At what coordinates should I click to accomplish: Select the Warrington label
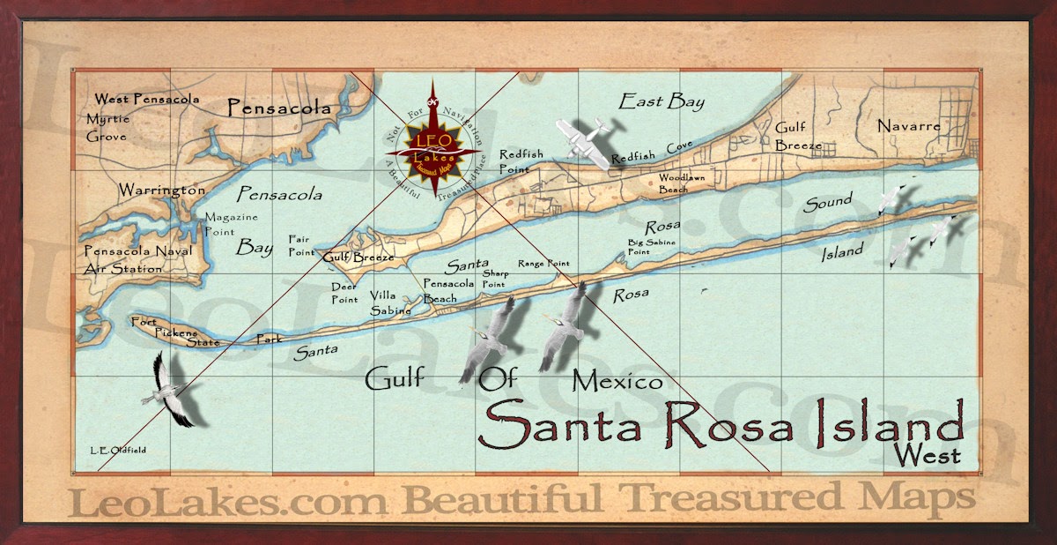(x=162, y=190)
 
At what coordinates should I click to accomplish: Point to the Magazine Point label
(x=232, y=225)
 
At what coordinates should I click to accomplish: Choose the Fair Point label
(x=302, y=245)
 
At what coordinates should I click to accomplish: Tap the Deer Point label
(x=344, y=292)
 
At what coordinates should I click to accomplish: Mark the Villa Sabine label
(x=389, y=302)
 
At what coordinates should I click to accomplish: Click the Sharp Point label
(x=494, y=280)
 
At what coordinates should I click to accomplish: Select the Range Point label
(x=543, y=263)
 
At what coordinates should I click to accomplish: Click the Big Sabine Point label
(x=650, y=245)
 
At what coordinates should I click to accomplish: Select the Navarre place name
(x=909, y=126)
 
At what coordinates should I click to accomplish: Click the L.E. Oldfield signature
(x=117, y=450)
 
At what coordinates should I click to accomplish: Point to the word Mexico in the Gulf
(x=617, y=382)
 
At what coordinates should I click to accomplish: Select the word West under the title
(x=926, y=455)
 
